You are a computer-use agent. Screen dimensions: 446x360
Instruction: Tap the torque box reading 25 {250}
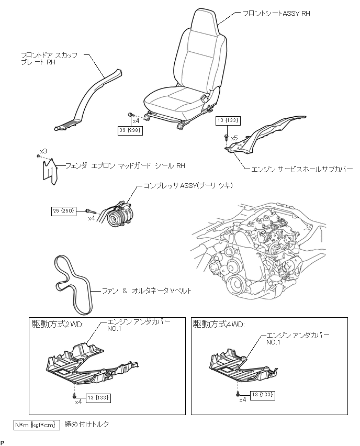coord(64,211)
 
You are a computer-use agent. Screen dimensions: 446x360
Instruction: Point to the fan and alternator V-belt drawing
coord(72,283)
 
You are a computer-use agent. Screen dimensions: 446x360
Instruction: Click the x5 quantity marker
coord(234,138)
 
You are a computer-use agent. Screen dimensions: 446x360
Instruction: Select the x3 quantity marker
coord(43,151)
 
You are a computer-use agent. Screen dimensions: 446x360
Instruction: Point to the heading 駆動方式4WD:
coord(219,324)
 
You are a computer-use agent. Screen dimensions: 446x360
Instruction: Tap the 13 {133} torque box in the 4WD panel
coord(263,394)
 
